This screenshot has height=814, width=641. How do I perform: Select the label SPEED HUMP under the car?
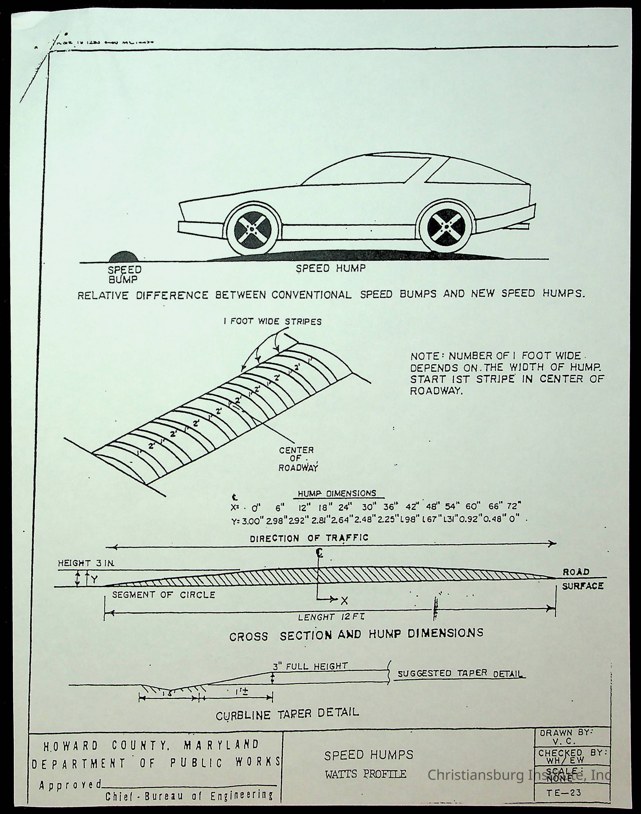tap(330, 269)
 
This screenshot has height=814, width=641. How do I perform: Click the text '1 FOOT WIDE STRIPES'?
tap(272, 322)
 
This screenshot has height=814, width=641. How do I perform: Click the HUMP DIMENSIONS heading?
tap(337, 494)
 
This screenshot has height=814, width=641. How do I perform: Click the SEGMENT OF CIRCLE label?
tap(164, 595)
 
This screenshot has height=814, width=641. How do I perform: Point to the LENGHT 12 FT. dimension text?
tap(331, 617)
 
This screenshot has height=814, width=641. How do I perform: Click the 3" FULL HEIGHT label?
tap(310, 666)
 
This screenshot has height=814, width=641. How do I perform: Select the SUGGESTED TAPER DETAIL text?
tap(460, 673)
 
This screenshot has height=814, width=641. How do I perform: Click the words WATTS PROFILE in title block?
tap(365, 774)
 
